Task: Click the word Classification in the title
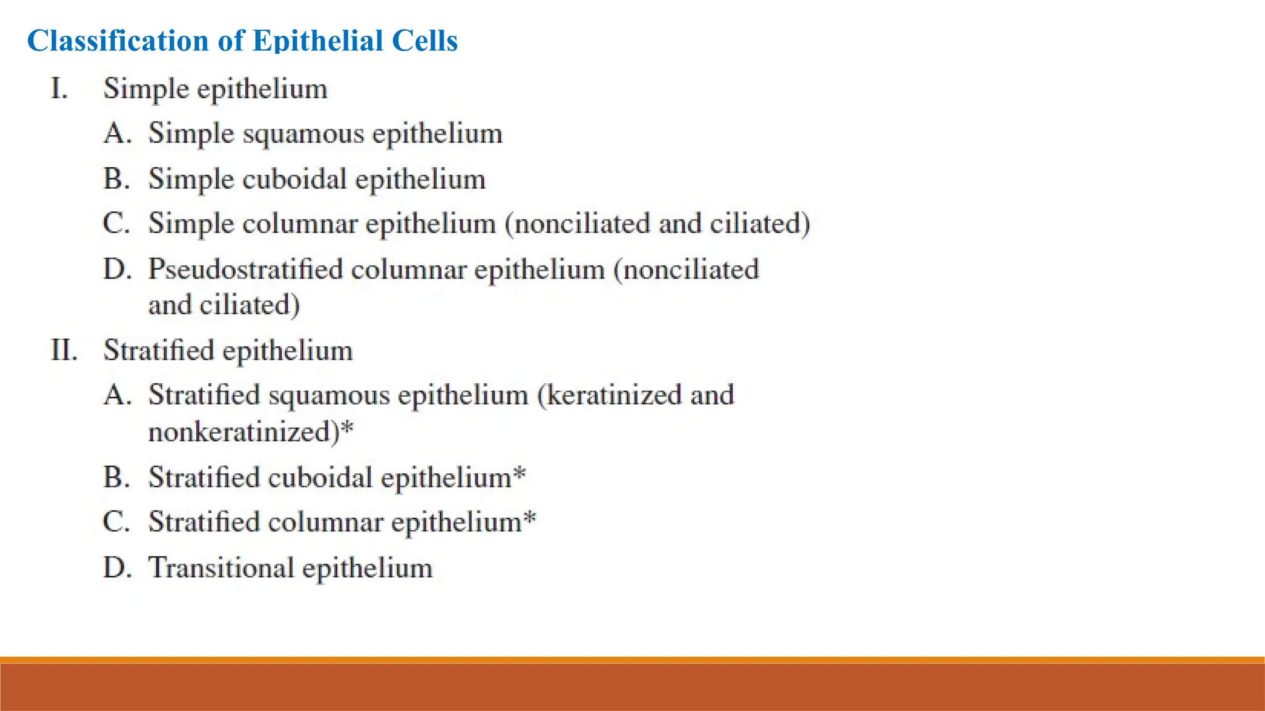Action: (x=118, y=41)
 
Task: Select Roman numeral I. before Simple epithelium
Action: (x=59, y=89)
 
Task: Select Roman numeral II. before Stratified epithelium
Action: (x=64, y=351)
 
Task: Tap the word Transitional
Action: (x=221, y=568)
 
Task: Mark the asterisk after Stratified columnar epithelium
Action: (x=529, y=518)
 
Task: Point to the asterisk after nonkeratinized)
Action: (x=347, y=427)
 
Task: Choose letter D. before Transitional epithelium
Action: (x=117, y=568)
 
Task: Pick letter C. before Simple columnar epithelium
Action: (x=117, y=223)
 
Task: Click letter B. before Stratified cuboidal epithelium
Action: (x=117, y=477)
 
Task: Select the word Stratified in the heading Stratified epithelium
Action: (x=159, y=351)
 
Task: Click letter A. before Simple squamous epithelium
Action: (x=117, y=134)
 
